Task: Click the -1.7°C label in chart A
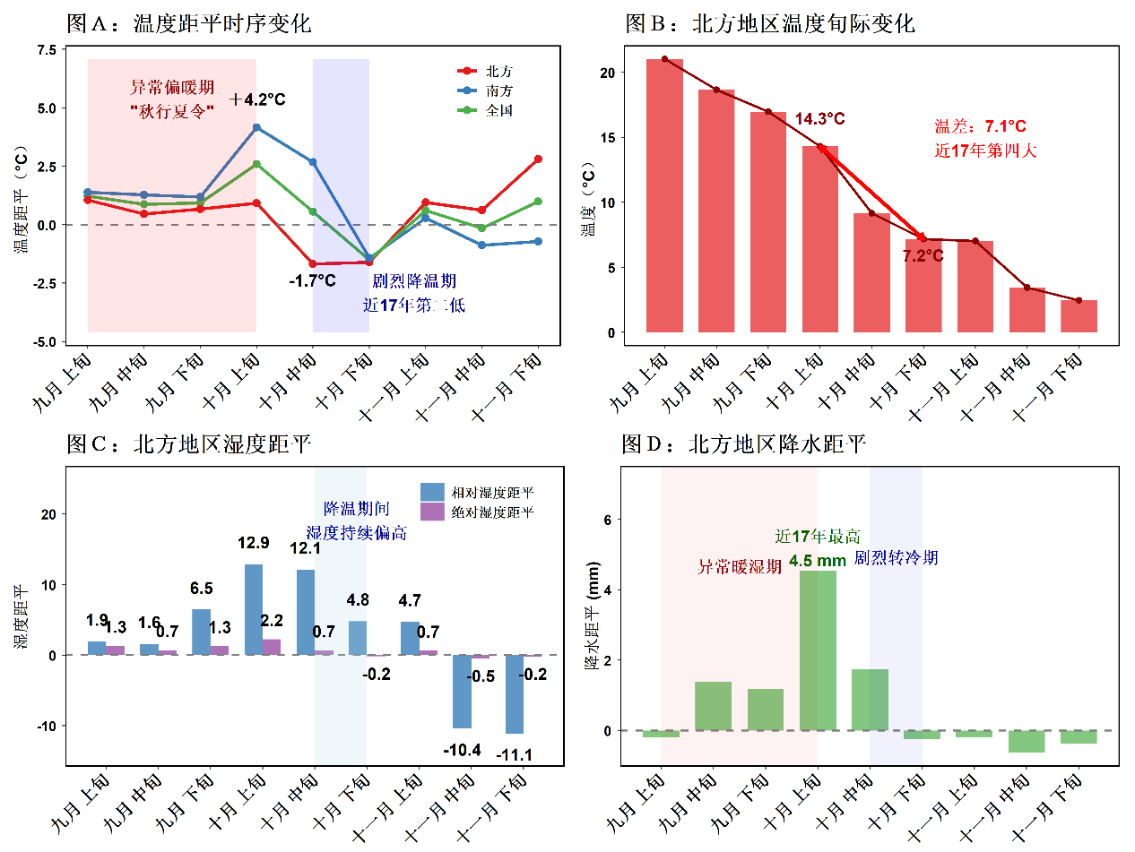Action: click(312, 280)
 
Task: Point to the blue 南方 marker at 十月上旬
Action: click(256, 127)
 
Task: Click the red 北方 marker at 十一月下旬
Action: click(538, 159)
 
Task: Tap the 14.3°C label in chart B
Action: click(819, 118)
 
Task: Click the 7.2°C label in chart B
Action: click(923, 256)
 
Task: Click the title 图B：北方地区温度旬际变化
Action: click(769, 23)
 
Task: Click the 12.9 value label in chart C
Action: click(254, 542)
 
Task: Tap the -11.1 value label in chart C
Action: click(515, 754)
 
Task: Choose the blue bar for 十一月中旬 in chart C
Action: click(462, 691)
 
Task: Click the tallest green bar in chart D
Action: click(818, 650)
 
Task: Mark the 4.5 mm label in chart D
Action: click(818, 561)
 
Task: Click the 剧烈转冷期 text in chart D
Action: click(896, 558)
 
